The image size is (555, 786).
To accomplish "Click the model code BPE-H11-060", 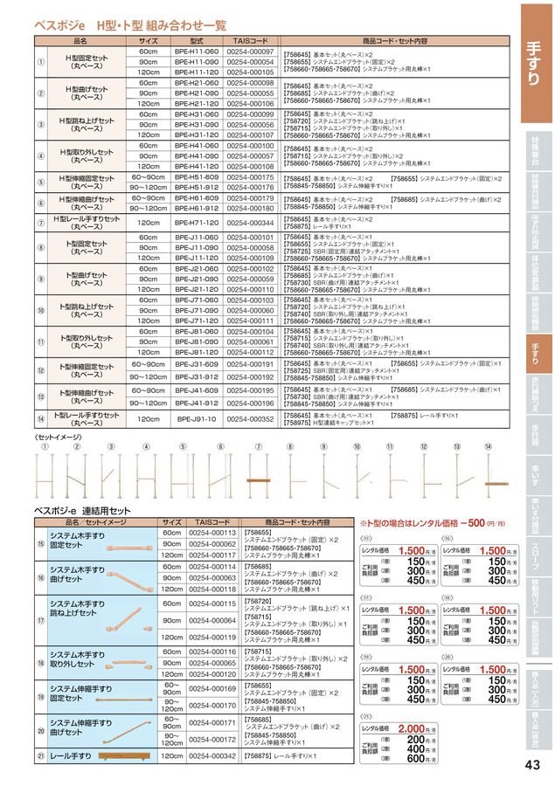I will click(x=196, y=53).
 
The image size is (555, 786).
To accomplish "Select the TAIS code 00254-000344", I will click(x=250, y=223).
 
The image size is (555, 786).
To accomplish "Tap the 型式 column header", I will click(x=196, y=41).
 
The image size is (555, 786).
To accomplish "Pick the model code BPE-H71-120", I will click(x=196, y=223).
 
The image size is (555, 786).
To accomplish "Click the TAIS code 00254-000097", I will click(x=250, y=53).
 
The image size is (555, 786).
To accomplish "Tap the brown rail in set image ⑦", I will click(x=261, y=480).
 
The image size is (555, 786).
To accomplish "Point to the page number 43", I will click(x=532, y=766).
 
